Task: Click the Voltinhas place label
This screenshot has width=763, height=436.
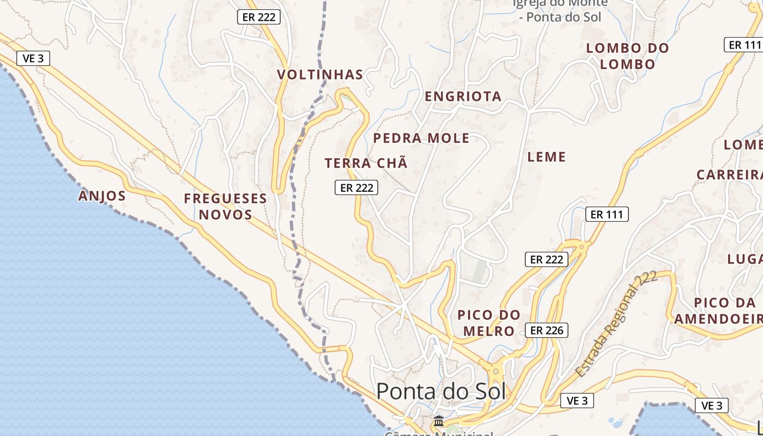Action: (320, 75)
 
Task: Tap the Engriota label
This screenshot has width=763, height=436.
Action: (463, 96)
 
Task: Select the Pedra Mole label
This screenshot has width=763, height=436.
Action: (421, 138)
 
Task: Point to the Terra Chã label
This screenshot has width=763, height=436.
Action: (366, 163)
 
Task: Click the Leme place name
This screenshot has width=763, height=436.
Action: (547, 157)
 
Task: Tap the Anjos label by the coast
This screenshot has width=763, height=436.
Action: (102, 196)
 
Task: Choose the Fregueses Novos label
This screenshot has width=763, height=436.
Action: (226, 206)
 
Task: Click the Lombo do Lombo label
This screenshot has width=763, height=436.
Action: (627, 56)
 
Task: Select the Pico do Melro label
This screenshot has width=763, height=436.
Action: (489, 323)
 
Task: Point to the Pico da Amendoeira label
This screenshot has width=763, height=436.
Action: (718, 311)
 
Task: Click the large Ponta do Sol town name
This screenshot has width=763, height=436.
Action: (441, 391)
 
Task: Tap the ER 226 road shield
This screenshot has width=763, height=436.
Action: (547, 330)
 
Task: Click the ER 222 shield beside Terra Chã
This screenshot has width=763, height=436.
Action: (356, 187)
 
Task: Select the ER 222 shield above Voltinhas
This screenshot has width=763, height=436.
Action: (259, 17)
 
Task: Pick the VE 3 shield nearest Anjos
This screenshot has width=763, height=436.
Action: (33, 58)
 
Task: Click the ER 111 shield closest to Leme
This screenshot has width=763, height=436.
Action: (607, 214)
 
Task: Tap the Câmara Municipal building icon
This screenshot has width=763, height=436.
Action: (438, 421)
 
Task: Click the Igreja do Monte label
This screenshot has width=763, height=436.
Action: (560, 10)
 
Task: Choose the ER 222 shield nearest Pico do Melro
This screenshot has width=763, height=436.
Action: (547, 259)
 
